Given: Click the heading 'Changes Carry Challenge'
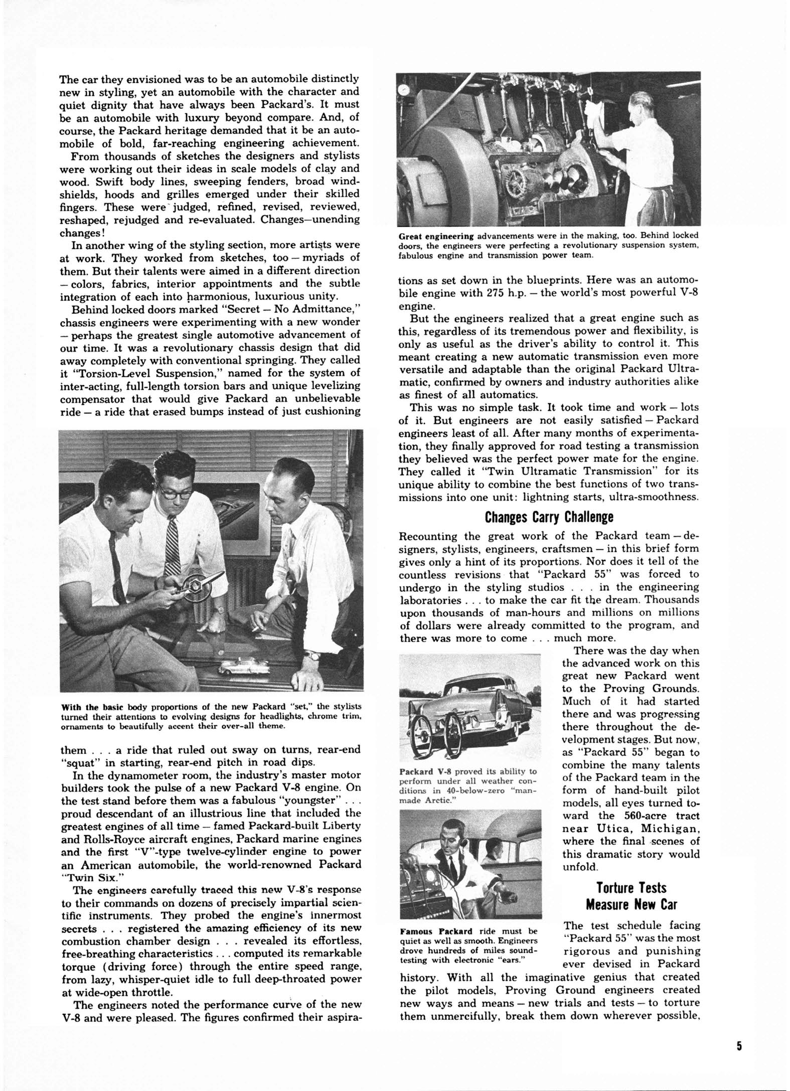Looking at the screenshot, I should click(549, 516).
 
